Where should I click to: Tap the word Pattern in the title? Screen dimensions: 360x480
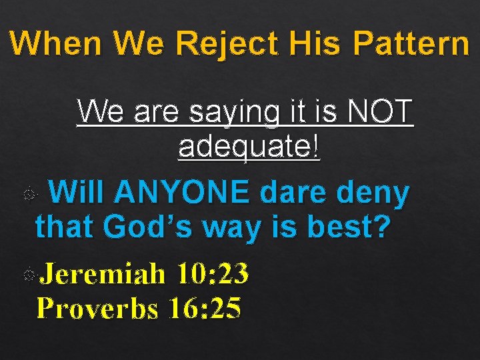(x=411, y=44)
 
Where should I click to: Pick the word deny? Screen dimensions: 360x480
(x=373, y=194)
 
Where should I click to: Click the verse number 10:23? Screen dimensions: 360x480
(x=213, y=274)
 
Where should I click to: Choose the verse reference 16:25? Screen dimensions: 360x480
(x=205, y=308)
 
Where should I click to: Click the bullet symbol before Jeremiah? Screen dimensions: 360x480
(x=29, y=275)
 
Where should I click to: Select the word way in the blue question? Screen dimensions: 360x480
(x=234, y=227)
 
